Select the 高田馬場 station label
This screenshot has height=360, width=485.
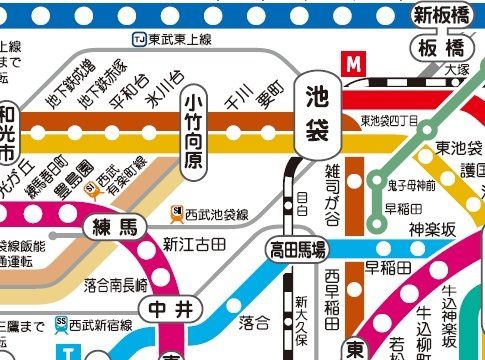pos(296,249)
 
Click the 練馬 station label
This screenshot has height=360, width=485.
pos(115,226)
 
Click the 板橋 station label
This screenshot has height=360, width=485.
pos(442,49)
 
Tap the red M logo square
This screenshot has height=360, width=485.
pos(351,63)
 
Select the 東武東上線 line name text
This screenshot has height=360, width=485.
pos(179,39)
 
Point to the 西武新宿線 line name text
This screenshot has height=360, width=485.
pos(101,323)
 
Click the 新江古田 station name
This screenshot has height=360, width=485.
pos(195,244)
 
